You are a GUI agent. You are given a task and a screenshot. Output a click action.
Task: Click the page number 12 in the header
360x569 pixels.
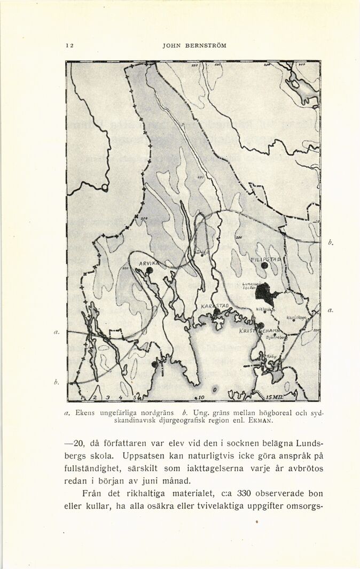69,45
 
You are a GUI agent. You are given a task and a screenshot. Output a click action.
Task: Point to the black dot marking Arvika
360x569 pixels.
150,270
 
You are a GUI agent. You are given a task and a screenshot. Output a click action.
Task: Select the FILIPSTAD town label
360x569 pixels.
265,259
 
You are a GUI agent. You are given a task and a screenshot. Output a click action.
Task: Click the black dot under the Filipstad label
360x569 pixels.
264,266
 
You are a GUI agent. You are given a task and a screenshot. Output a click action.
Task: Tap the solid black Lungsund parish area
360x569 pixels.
265,293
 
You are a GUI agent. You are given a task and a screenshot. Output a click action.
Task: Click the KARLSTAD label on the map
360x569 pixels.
215,306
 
